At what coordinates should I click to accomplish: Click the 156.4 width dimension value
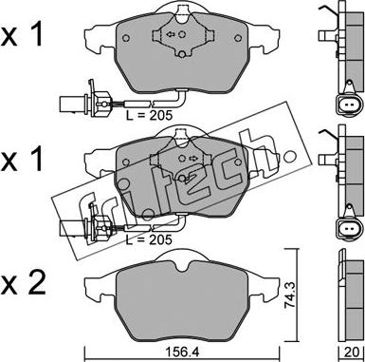(183, 352)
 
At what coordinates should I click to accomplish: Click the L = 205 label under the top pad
(149, 115)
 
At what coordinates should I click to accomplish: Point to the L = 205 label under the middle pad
(149, 240)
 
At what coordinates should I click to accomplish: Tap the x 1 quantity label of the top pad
(21, 35)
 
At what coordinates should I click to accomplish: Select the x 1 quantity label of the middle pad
(21, 160)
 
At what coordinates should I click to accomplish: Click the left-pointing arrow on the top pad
(171, 34)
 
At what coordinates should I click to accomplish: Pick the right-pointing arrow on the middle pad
(193, 158)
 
